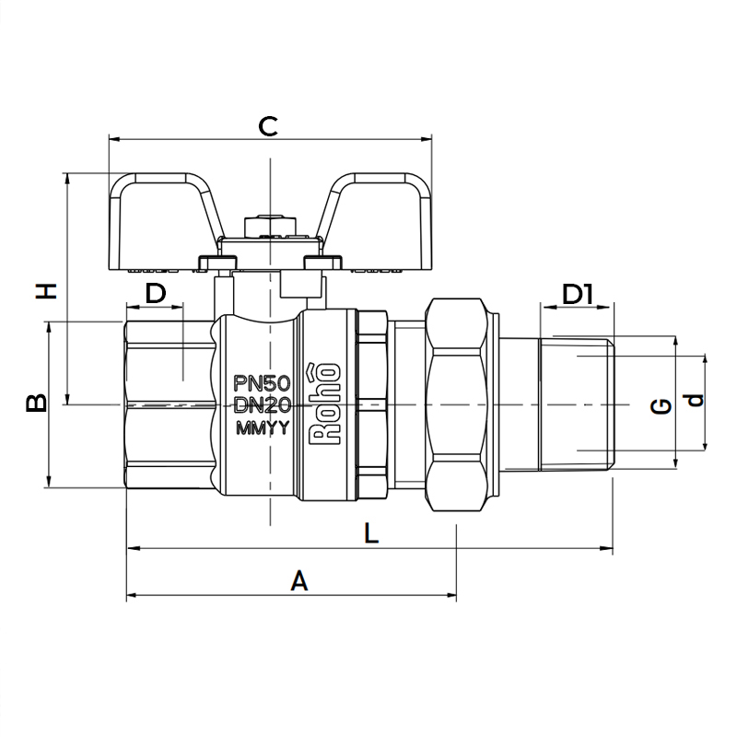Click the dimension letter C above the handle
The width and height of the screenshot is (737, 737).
pyautogui.click(x=268, y=126)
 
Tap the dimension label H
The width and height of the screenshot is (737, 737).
pyautogui.click(x=47, y=291)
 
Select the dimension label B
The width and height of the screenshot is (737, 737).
pyautogui.click(x=36, y=402)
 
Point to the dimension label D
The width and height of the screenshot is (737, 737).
pyautogui.click(x=156, y=293)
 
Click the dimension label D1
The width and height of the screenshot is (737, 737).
pyautogui.click(x=578, y=294)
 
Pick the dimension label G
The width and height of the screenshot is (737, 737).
pyautogui.click(x=661, y=405)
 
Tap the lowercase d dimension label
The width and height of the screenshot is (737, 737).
pyautogui.click(x=695, y=400)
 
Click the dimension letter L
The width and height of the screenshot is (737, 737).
pyautogui.click(x=371, y=533)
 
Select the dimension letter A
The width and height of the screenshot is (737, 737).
pyautogui.click(x=298, y=580)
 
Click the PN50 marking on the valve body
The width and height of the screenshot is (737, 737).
pyautogui.click(x=263, y=383)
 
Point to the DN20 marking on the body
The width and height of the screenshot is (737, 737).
pyautogui.click(x=263, y=404)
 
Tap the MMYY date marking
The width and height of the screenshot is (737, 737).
pyautogui.click(x=263, y=428)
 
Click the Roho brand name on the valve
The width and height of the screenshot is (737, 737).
pyautogui.click(x=324, y=404)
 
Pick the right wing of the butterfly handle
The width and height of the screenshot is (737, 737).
pyautogui.click(x=375, y=222)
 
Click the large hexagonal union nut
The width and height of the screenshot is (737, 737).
pyautogui.click(x=456, y=404)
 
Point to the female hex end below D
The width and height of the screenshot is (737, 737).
pyautogui.click(x=170, y=404)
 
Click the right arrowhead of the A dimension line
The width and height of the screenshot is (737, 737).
pyautogui.click(x=452, y=595)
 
